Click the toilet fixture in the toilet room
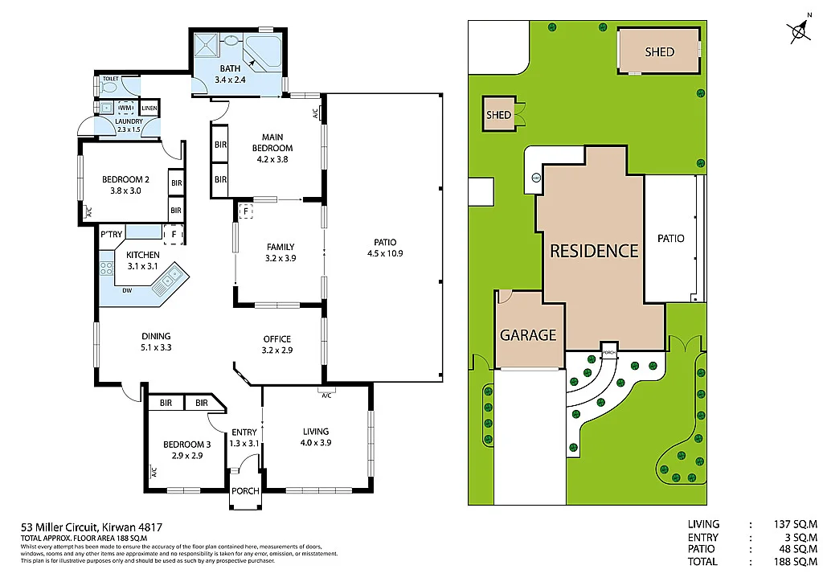pyautogui.click(x=110, y=83)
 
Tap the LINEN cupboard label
pyautogui.click(x=149, y=108)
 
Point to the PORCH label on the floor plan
pyautogui.click(x=245, y=491)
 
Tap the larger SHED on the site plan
pyautogui.click(x=659, y=51)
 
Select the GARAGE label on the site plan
pyautogui.click(x=528, y=335)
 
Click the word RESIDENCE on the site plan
pyautogui.click(x=593, y=251)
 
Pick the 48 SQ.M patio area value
pyautogui.click(x=797, y=549)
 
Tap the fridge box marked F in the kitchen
pyautogui.click(x=171, y=234)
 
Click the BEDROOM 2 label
pyautogui.click(x=125, y=185)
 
